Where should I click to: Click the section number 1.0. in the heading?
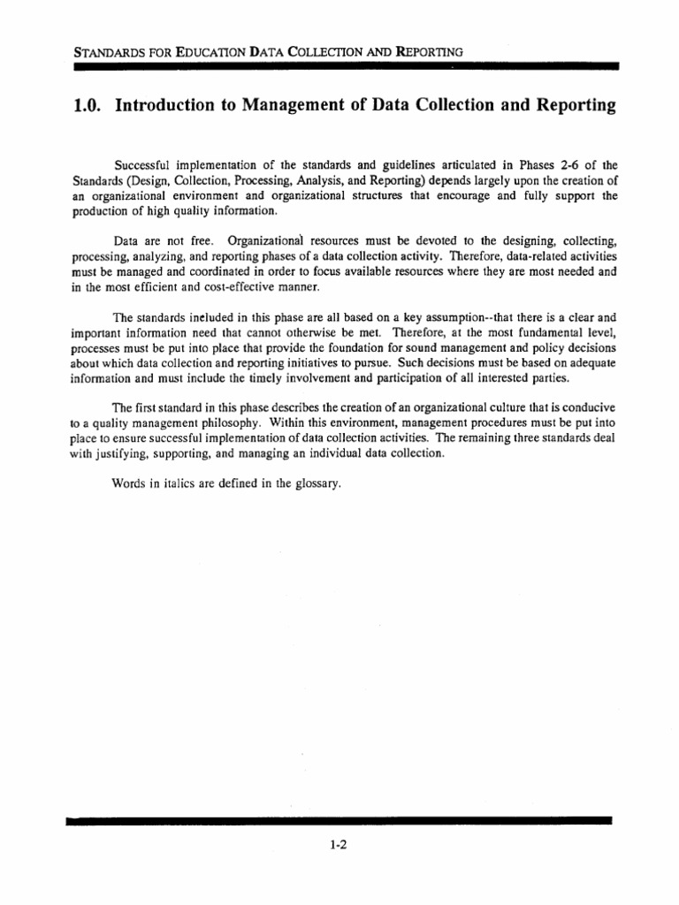click(x=85, y=106)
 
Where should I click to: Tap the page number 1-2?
click(x=339, y=844)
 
